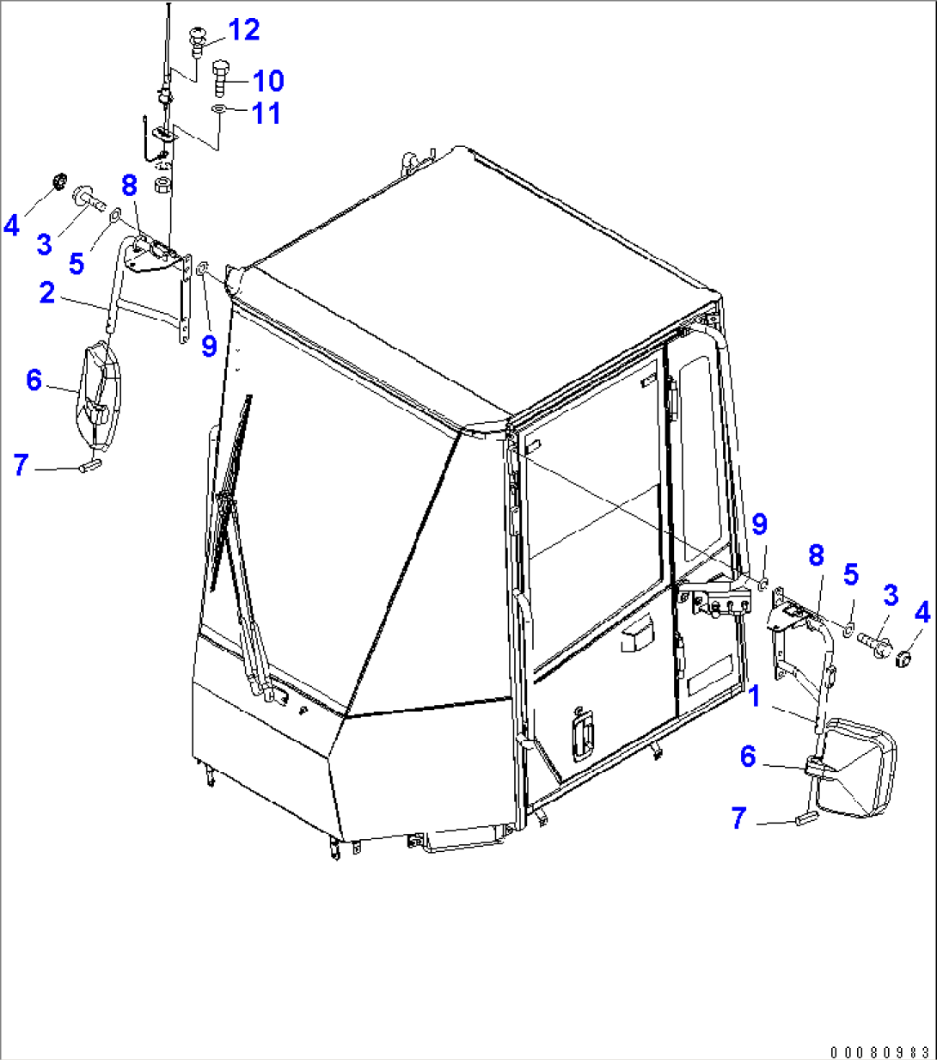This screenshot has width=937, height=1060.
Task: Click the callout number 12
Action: [244, 30]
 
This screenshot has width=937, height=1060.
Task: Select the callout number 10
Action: [268, 81]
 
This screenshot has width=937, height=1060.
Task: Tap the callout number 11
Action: [266, 113]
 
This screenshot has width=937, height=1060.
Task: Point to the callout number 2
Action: [47, 292]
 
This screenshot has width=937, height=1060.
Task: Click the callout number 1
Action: [754, 696]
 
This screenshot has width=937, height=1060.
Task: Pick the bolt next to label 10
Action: [221, 78]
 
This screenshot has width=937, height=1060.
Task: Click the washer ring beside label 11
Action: [218, 110]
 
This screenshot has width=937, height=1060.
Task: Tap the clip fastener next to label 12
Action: [197, 42]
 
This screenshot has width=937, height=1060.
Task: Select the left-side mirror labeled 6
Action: [100, 395]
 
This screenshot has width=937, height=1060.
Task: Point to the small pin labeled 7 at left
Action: [90, 464]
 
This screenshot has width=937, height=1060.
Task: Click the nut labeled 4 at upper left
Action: [61, 181]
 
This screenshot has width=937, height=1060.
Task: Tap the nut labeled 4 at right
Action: [903, 659]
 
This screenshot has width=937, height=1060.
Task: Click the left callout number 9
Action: [209, 346]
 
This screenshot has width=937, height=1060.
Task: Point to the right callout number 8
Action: [816, 555]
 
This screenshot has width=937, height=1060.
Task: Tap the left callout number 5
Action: [77, 263]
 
